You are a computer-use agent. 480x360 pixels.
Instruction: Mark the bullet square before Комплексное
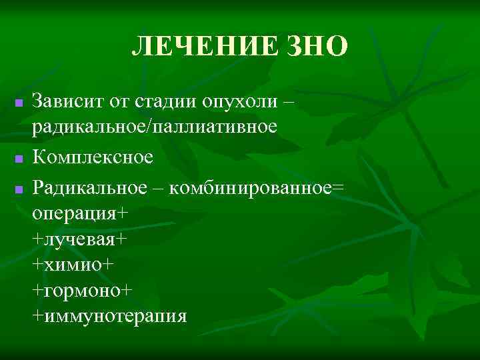coord(19,159)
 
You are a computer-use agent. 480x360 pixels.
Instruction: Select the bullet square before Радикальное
coord(19,190)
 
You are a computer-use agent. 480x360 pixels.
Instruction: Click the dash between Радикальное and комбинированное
coord(161,189)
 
